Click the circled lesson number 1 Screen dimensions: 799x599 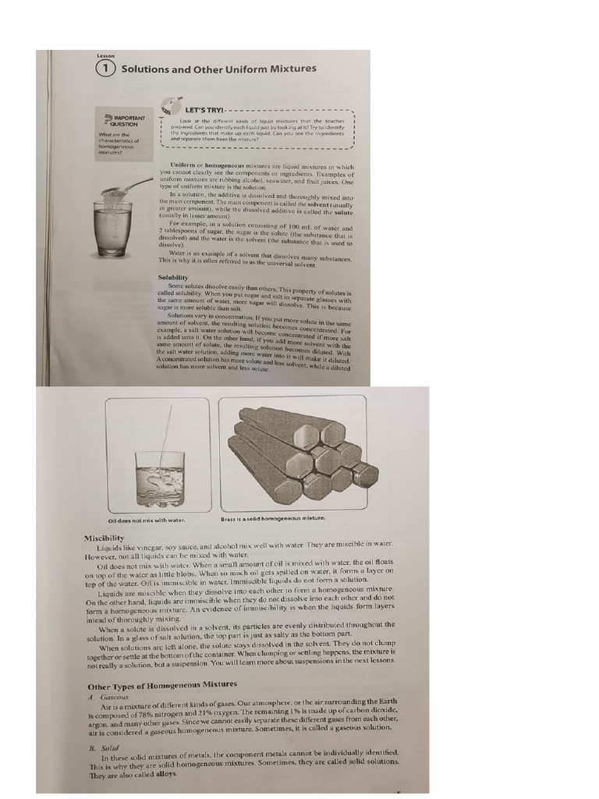coord(107,69)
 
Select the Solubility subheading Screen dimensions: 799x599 coord(173,277)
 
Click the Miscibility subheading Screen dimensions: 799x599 coord(104,538)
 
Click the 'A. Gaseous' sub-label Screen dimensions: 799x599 coord(108,697)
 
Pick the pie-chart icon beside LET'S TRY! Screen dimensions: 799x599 coord(170,105)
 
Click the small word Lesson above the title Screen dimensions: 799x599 coord(105,55)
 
